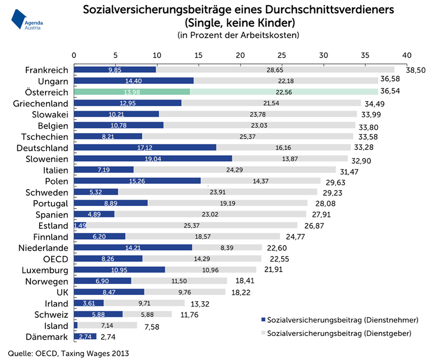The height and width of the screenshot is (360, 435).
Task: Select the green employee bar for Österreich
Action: [131, 92]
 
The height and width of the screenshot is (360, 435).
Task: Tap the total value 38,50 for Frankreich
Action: [416, 71]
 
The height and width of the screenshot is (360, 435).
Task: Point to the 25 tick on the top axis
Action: [282, 55]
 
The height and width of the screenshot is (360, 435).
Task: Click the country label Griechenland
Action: [40, 103]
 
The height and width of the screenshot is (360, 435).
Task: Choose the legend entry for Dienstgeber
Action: [340, 334]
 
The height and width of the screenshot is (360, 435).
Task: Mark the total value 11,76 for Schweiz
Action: [186, 315]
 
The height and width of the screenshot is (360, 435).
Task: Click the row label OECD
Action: [56, 259]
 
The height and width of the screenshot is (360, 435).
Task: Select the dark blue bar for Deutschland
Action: [145, 148]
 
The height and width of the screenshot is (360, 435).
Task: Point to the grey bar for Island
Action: [107, 325]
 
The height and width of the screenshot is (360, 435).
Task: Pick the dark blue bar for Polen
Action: [137, 181]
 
